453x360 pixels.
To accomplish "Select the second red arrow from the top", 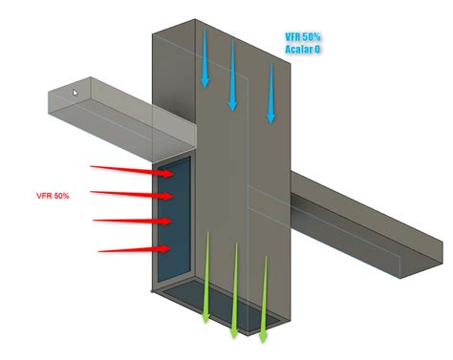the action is tap(132, 194).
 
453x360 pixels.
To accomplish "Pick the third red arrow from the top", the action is tap(134, 222).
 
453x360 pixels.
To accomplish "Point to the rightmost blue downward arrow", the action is tap(270, 92).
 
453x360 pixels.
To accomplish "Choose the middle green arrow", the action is tap(233, 291).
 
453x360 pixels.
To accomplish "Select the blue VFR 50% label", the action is tap(301, 36).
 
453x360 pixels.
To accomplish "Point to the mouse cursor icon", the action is tap(75, 94).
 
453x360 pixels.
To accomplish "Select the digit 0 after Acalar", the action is tap(318, 49).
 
